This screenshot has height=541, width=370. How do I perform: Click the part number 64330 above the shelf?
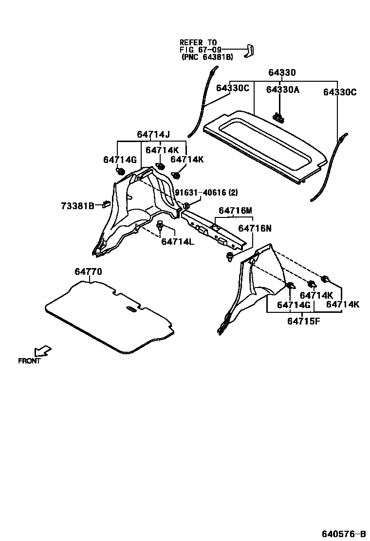pyautogui.click(x=282, y=73)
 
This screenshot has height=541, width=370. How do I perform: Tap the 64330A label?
pyautogui.click(x=282, y=90)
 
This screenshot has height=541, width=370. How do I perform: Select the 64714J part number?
pyautogui.click(x=153, y=135)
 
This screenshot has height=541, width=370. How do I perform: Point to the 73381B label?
pyautogui.click(x=77, y=206)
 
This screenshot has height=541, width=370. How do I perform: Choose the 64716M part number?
pyautogui.click(x=235, y=211)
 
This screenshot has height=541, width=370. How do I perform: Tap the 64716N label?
pyautogui.click(x=255, y=228)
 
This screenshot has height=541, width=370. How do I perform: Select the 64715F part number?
pyautogui.click(x=303, y=321)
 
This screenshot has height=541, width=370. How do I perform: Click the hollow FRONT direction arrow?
pyautogui.click(x=43, y=351)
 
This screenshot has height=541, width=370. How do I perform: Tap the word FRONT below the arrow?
pyautogui.click(x=29, y=361)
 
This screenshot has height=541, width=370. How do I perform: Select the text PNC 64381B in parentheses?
pyautogui.click(x=207, y=57)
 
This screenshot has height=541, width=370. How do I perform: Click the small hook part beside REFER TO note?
pyautogui.click(x=251, y=50)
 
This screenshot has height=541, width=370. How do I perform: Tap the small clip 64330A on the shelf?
pyautogui.click(x=278, y=116)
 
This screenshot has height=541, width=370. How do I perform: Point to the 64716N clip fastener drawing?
pyautogui.click(x=230, y=256)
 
